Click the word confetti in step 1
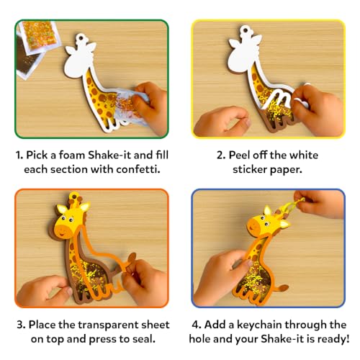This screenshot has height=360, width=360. point(138,169)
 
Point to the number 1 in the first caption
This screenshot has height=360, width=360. point(19,155)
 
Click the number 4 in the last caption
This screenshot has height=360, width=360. point(196,325)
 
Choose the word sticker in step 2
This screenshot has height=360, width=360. point(250,169)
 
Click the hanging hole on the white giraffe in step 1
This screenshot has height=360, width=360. point(80,37)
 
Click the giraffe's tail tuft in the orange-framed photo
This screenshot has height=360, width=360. point(132,258)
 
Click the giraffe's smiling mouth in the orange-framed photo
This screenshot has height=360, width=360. point(62,233)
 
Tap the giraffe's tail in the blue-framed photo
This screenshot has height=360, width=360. point(281,288)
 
